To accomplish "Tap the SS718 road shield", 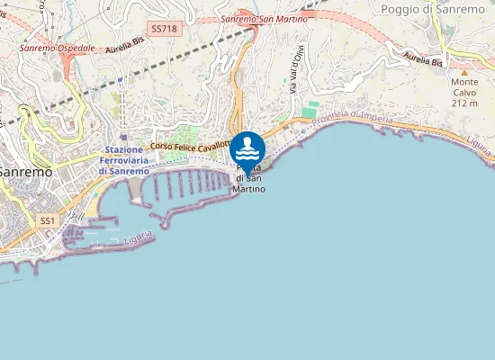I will tap(165, 29).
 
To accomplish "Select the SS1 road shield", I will tap(48, 220).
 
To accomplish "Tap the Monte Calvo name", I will tap(464, 86).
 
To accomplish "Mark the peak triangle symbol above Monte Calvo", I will tap(464, 70).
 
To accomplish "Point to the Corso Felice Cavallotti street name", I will tap(191, 145).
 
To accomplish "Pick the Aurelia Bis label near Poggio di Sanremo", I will tap(423, 61).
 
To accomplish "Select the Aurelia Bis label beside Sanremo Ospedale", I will tap(124, 49).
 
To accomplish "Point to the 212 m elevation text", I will tap(464, 103).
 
